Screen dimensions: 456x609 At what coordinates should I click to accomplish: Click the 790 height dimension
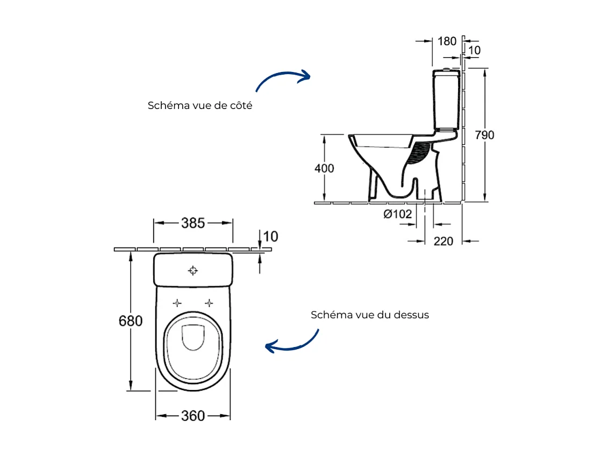[x=484, y=135]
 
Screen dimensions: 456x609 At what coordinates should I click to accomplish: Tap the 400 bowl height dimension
[x=324, y=168]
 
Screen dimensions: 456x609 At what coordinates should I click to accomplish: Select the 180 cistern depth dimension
[x=447, y=41]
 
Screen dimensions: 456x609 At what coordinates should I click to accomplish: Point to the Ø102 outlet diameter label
[x=398, y=214]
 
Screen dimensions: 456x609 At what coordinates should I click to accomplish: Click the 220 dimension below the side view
[x=443, y=241]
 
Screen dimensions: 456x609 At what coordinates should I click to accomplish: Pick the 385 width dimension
[x=193, y=223]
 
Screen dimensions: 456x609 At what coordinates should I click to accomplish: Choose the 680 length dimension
[x=131, y=321]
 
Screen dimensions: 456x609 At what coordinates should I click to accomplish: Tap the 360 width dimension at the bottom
[x=193, y=416]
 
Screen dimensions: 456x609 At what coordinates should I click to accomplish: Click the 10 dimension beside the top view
[x=271, y=236]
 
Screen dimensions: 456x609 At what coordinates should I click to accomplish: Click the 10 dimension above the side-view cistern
[x=474, y=50]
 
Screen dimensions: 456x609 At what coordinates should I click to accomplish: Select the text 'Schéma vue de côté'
[x=200, y=106]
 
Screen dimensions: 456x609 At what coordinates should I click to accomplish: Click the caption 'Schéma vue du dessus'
[x=370, y=315]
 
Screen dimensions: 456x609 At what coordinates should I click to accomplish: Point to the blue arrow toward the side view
[x=283, y=79]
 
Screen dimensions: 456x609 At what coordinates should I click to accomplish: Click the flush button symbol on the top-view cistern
[x=193, y=270]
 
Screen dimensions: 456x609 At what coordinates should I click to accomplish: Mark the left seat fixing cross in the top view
[x=177, y=303]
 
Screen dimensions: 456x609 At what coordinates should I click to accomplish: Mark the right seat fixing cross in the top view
[x=210, y=303]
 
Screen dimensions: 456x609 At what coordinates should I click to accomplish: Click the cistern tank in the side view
[x=447, y=99]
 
